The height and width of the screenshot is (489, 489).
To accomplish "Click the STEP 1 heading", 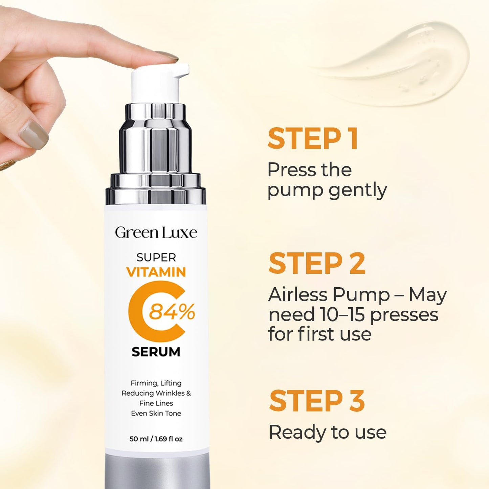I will click(x=313, y=139).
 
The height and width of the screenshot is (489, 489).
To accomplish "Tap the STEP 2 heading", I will click(x=317, y=264).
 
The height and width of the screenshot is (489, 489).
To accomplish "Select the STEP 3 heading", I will click(x=317, y=401).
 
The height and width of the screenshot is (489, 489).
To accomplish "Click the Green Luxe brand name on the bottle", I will click(x=156, y=233).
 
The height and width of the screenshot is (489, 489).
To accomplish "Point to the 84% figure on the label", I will click(x=172, y=312).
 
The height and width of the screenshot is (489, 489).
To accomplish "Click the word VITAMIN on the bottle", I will click(x=156, y=272).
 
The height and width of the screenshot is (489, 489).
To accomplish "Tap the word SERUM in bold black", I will click(x=156, y=352).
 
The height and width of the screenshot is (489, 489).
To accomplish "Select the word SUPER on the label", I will click(x=156, y=258).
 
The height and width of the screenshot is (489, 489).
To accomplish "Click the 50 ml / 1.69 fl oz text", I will click(x=156, y=439).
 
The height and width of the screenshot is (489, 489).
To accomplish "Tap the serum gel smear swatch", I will click(x=399, y=64).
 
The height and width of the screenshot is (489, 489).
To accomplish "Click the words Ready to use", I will click(x=327, y=432).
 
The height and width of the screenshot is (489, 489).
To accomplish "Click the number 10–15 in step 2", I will click(x=340, y=314).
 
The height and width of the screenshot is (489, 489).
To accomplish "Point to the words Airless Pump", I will click(x=329, y=295).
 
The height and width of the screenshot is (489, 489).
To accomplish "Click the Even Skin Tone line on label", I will click(x=156, y=413).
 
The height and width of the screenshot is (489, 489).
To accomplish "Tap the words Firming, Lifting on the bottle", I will click(x=156, y=383).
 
